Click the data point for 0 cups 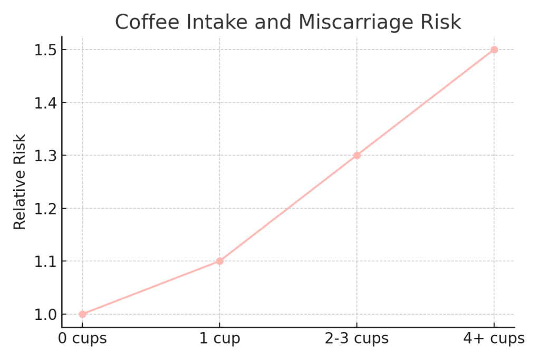(82, 314)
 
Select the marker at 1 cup (220, 261)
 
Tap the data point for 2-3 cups (357, 155)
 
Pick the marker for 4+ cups (494, 50)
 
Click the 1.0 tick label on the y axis (45, 315)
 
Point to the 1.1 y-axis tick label (45, 261)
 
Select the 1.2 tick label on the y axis (45, 209)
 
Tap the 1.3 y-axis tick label (45, 156)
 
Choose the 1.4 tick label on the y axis (45, 103)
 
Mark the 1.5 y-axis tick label (45, 50)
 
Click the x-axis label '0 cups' (82, 338)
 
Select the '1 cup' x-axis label (220, 338)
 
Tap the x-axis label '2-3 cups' (357, 338)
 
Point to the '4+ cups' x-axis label (494, 338)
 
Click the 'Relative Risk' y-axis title (20, 182)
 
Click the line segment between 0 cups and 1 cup (151, 288)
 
